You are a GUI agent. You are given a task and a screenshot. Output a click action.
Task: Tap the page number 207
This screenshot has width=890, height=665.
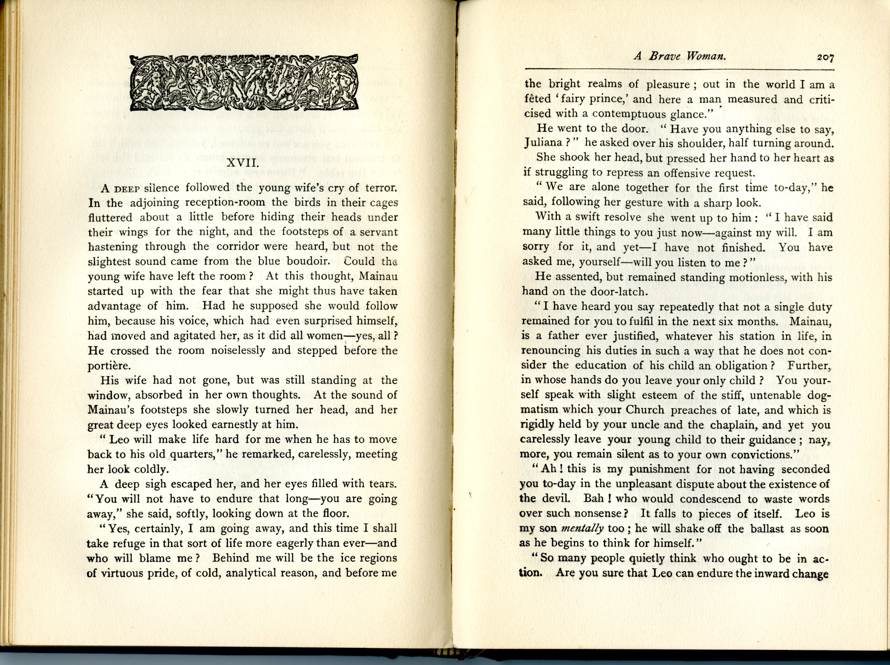coord(825,57)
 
